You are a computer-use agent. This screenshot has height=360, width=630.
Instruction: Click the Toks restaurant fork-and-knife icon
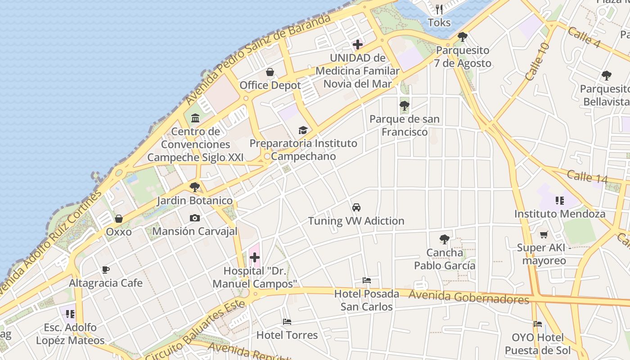click(439, 9)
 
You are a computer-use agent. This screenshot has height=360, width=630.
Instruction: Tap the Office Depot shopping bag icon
click(270, 72)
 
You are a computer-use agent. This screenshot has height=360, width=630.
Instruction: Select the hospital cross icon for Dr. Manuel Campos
click(255, 257)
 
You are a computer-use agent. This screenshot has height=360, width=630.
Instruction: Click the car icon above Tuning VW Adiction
click(356, 207)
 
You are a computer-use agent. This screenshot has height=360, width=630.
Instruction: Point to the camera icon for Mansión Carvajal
click(194, 218)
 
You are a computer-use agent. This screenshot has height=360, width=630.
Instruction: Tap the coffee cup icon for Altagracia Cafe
click(106, 270)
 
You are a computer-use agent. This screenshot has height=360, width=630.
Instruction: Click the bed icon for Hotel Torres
click(287, 322)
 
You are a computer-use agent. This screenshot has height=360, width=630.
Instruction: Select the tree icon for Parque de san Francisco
click(404, 106)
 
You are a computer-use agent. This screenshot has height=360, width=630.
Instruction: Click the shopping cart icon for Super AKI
click(544, 234)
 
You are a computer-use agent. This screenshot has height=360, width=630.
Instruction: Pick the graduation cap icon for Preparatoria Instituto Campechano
click(303, 130)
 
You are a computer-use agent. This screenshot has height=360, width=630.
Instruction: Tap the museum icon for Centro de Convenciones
click(195, 118)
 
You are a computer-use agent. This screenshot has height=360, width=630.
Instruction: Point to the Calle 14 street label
click(587, 176)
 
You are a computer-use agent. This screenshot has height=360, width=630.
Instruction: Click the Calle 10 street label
click(537, 62)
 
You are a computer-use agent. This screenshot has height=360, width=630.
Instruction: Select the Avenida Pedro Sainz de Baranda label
click(259, 58)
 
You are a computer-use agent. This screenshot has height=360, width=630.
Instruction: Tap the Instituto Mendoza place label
click(560, 214)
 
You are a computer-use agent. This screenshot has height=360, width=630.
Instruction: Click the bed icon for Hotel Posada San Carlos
click(367, 280)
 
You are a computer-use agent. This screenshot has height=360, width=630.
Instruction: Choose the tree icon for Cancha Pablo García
click(445, 239)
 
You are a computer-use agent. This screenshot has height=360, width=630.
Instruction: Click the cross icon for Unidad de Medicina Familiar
click(358, 45)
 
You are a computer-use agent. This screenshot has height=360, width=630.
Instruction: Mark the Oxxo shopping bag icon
click(119, 219)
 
